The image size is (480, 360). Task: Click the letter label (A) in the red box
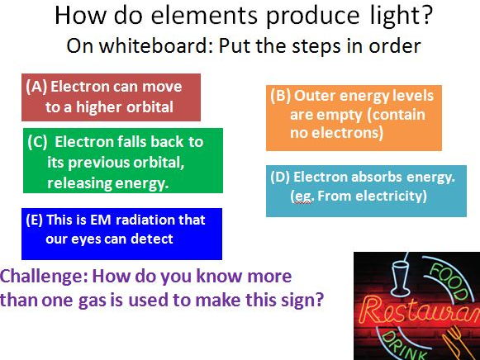pos(36,87)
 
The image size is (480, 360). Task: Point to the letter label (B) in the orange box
pos(281,95)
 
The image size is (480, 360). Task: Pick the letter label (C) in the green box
pos(38,141)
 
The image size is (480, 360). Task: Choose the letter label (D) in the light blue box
pos(281,177)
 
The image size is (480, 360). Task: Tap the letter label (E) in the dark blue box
pos(36,220)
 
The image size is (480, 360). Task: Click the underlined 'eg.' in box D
pos(302,196)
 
